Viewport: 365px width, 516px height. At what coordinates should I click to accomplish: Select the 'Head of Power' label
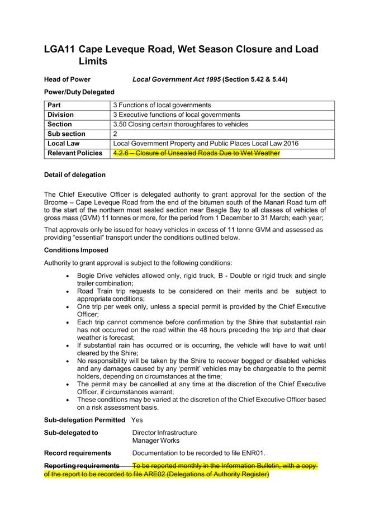[x=67, y=79]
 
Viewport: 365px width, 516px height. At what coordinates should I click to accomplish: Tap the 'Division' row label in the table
[x=60, y=115]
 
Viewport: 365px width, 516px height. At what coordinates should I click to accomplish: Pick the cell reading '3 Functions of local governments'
[x=162, y=105]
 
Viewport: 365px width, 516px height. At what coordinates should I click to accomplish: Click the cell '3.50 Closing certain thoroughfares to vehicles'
[x=181, y=124]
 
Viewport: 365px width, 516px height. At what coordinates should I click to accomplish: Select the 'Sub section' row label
[x=67, y=134]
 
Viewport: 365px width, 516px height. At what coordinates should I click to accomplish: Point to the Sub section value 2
[x=115, y=134]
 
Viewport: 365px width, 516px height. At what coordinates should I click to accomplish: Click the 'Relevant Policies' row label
[x=75, y=153]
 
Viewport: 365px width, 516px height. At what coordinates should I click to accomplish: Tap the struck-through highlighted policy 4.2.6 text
[x=196, y=153]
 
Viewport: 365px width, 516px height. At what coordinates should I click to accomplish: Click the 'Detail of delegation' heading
[x=75, y=174]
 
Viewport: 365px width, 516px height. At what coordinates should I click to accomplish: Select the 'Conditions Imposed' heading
[x=76, y=250]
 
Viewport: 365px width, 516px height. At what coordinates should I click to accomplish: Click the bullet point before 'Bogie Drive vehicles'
[x=68, y=276]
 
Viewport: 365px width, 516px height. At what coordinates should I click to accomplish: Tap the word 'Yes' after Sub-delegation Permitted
[x=138, y=419]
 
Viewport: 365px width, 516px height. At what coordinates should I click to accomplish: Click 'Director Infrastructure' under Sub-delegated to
[x=164, y=432]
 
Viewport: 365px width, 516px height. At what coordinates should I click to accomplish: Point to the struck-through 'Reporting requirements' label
[x=82, y=466]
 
